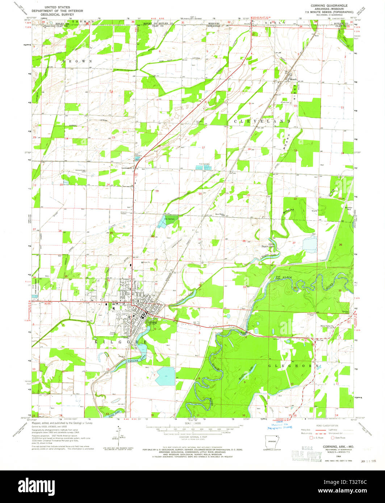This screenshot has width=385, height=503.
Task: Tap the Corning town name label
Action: (151, 322)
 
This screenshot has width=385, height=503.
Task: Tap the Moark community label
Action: (292, 79)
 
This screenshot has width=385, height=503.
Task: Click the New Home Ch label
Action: (221, 214)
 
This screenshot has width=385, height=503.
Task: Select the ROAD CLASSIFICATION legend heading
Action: (327, 426)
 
